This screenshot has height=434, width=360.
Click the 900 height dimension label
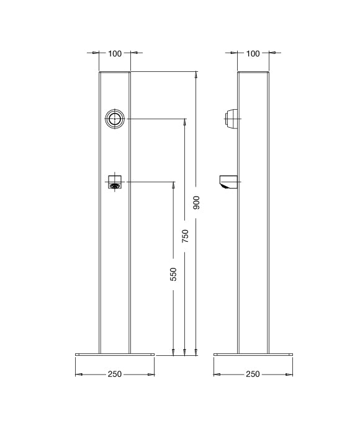196,202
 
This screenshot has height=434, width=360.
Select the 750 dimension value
185,236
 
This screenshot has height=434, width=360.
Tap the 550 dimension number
173,274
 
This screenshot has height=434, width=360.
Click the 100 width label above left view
115,53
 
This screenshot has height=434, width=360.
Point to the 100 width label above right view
253,53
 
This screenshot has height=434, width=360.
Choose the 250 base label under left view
115,374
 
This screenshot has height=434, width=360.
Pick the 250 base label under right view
253,374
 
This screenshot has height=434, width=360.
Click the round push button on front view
114,119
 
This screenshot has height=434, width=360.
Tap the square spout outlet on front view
115,182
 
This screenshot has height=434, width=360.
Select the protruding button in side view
231,119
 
